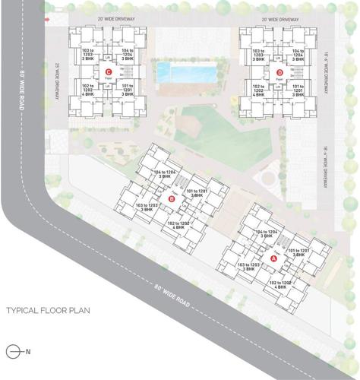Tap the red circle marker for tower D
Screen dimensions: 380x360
point(280,73)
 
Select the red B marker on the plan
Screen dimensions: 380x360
point(172,199)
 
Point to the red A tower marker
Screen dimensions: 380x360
point(275,257)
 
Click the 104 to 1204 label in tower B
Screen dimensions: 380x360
point(168,176)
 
